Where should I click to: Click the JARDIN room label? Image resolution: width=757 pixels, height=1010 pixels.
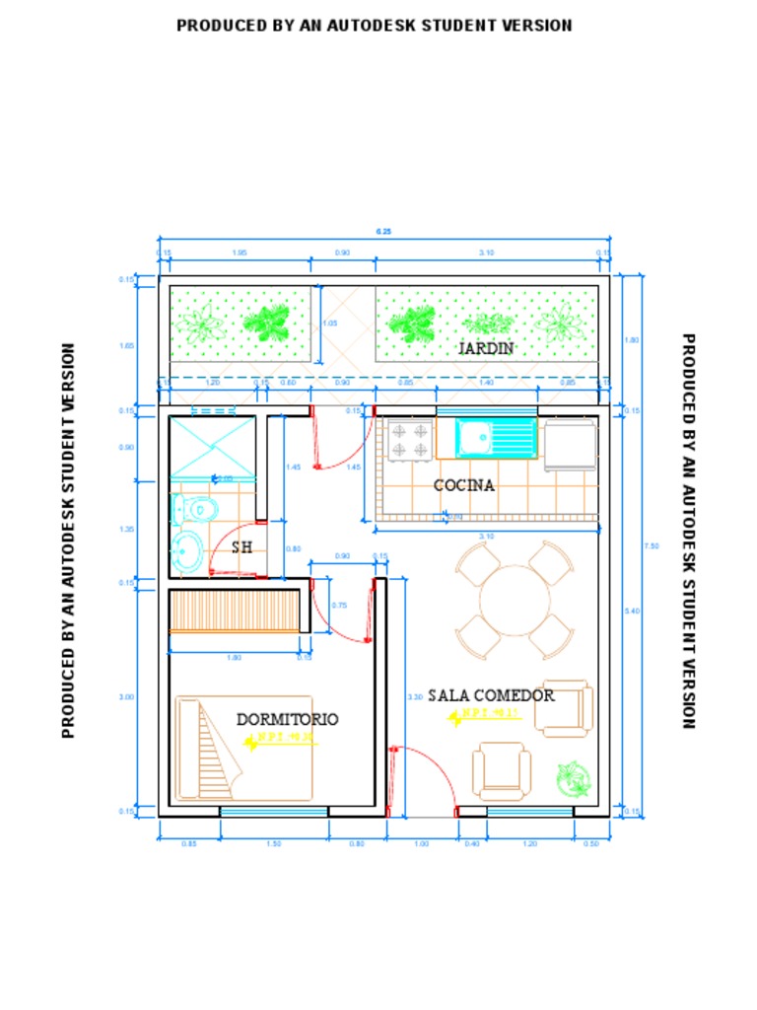(x=486, y=348)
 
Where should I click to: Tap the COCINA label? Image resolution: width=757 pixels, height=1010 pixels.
(x=464, y=485)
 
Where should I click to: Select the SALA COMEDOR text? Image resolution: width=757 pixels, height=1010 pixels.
(x=491, y=695)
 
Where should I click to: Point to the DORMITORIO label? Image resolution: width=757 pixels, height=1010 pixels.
(x=287, y=719)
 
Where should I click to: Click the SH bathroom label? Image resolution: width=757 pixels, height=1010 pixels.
(x=241, y=546)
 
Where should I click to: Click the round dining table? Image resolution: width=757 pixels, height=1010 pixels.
(x=515, y=600)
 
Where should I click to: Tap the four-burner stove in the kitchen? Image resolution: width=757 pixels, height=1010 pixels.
(x=409, y=440)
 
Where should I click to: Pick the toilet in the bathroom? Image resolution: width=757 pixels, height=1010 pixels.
(x=195, y=509)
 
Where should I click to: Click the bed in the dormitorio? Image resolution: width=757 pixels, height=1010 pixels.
(x=243, y=749)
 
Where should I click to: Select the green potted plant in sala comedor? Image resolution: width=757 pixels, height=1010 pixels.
(x=572, y=779)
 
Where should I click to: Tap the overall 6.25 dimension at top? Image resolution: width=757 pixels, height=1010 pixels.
(x=383, y=232)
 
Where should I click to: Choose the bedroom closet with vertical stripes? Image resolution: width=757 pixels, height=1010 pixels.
(x=234, y=610)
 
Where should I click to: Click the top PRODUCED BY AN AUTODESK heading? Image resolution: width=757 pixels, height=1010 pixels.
(x=375, y=26)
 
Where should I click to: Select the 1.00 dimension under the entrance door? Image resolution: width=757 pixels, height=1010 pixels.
(x=422, y=843)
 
